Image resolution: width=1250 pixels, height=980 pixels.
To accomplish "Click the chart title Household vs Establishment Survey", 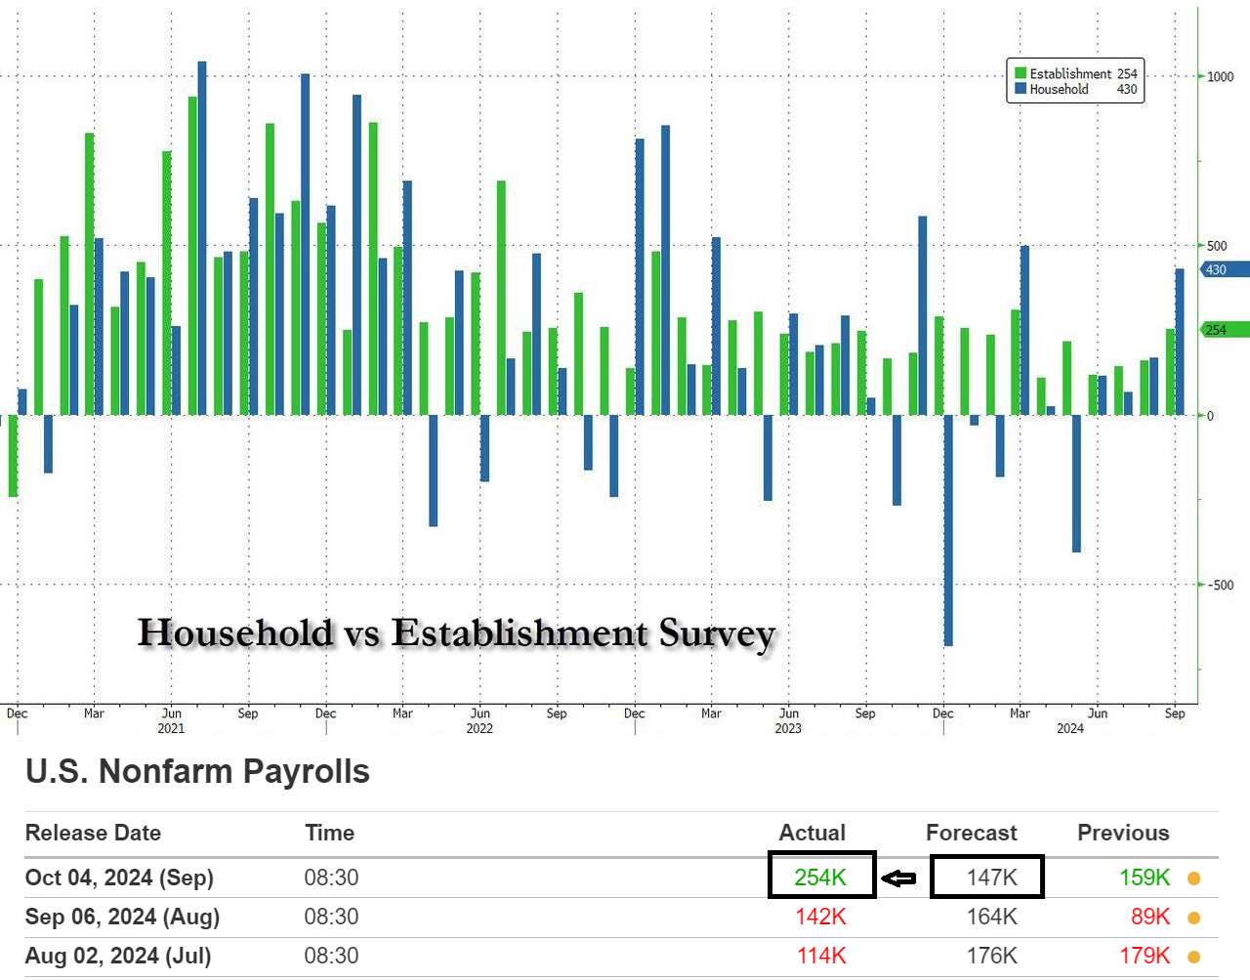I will point(456,633).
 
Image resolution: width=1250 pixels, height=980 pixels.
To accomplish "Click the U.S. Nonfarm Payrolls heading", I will point(197,772).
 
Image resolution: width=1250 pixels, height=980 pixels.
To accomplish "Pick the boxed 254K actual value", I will point(820,878).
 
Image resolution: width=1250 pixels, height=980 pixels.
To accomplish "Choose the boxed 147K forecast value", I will point(991,878).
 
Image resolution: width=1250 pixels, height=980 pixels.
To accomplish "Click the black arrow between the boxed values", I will point(899,878).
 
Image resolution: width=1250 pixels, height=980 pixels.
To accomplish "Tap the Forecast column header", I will point(971,833).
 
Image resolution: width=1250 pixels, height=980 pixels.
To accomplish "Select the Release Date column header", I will point(93,833).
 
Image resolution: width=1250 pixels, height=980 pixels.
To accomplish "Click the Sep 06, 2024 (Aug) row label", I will point(122,917).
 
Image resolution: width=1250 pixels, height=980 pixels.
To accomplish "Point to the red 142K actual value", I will point(820,917).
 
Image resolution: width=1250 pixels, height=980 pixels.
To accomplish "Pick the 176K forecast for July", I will point(991,956).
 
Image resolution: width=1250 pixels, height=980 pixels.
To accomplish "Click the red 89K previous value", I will point(1149,917).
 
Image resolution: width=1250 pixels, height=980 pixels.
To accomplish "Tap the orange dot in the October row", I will point(1193,878).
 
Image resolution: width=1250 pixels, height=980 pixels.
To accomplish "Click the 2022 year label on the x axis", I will point(479,728).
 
